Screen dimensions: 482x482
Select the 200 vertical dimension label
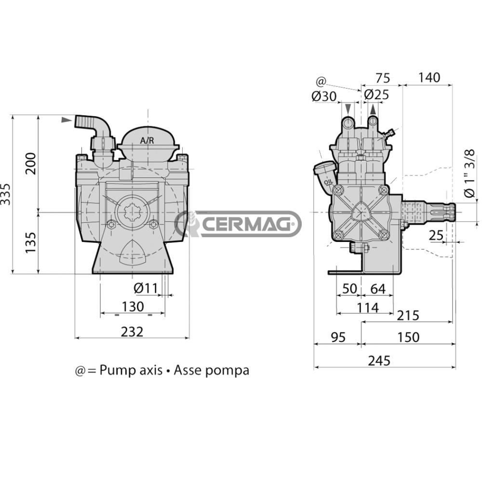[30, 163]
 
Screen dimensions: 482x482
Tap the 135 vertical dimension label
[30, 243]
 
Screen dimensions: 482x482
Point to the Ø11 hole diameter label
[145, 289]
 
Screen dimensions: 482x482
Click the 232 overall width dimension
[132, 332]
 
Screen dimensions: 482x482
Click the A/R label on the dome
[147, 141]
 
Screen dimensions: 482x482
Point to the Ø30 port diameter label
[323, 95]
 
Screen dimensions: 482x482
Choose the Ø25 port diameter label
[376, 95]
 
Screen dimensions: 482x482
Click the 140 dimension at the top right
[429, 78]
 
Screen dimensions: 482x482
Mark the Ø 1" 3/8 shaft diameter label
[469, 173]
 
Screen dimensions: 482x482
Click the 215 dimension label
[408, 316]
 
